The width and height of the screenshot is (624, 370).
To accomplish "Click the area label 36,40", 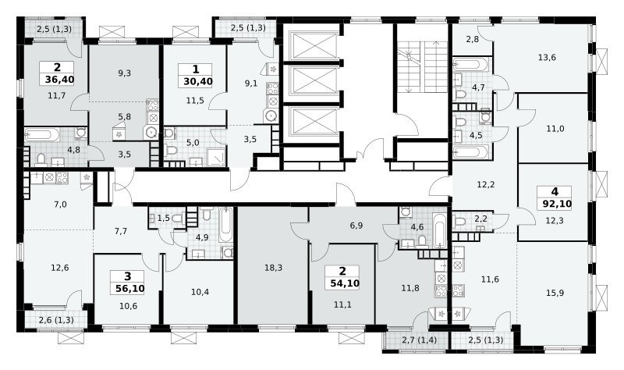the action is pyautogui.click(x=59, y=80).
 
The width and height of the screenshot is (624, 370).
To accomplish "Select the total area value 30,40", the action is pyautogui.click(x=198, y=82).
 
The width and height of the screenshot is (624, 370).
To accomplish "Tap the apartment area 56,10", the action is pyautogui.click(x=129, y=288).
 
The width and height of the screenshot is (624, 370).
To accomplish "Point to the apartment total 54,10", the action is pyautogui.click(x=345, y=283).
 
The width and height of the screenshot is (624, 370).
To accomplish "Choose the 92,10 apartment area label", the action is pyautogui.click(x=557, y=204).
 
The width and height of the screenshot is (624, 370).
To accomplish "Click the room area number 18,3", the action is pyautogui.click(x=274, y=268).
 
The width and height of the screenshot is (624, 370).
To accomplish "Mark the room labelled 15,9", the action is pyautogui.click(x=555, y=294).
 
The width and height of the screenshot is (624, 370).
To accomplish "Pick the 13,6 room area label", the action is pyautogui.click(x=547, y=57).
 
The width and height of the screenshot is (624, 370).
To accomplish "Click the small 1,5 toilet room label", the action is pyautogui.click(x=164, y=218).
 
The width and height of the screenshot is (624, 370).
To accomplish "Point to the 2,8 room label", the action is pyautogui.click(x=473, y=39).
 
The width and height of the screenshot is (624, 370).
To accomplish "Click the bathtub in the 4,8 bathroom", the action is pyautogui.click(x=42, y=134).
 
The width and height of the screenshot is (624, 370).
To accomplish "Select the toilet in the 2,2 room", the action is pyautogui.click(x=460, y=221).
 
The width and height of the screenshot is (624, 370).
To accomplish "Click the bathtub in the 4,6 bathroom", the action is pyautogui.click(x=439, y=230).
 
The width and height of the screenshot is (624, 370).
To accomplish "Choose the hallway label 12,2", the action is pyautogui.click(x=485, y=185).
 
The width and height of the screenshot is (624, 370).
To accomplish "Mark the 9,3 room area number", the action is pyautogui.click(x=125, y=73).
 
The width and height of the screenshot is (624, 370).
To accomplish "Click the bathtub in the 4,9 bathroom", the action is pyautogui.click(x=225, y=225).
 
